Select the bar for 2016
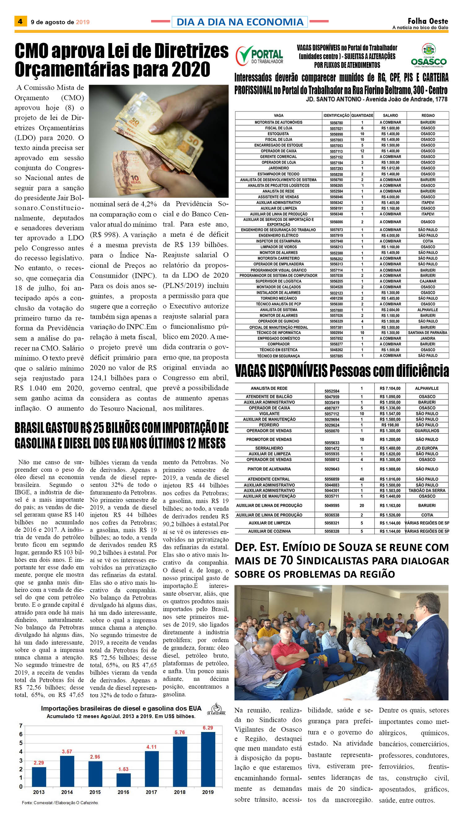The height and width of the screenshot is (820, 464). (x=123, y=780)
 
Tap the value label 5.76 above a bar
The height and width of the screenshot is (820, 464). (x=179, y=732)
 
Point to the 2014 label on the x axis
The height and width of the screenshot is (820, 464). (x=67, y=792)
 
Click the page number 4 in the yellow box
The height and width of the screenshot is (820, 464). (x=20, y=21)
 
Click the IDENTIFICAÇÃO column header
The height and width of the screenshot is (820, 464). (x=336, y=115)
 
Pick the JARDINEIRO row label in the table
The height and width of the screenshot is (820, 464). (x=278, y=168)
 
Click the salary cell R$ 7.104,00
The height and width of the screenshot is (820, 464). (x=390, y=388)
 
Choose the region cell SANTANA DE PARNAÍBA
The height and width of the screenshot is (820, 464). (x=427, y=333)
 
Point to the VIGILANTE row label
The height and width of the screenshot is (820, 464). (x=269, y=413)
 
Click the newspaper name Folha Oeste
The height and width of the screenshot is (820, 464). (x=428, y=21)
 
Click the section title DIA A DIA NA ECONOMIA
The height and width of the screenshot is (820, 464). (x=240, y=22)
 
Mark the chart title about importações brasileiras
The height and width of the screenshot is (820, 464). (x=121, y=708)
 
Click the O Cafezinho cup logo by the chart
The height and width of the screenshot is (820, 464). (x=216, y=709)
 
